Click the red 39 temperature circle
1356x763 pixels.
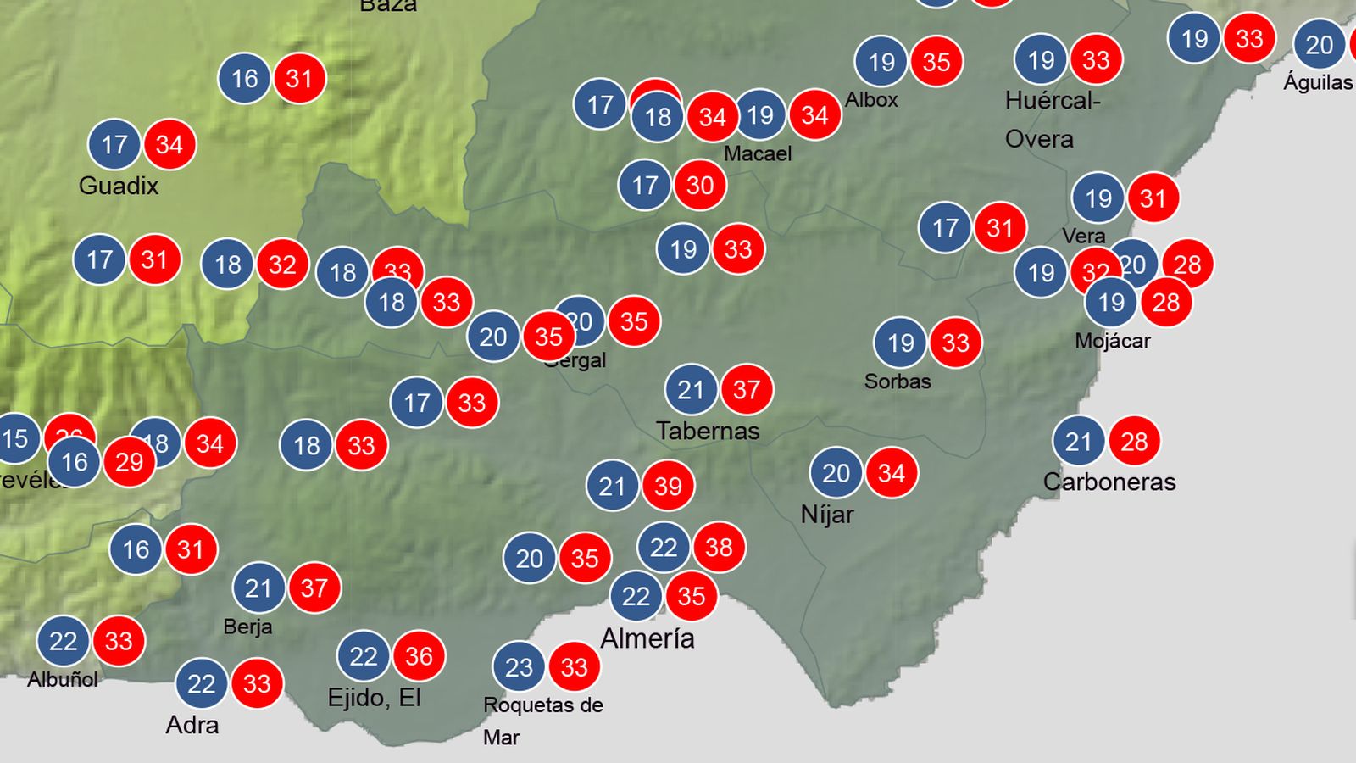(668, 486)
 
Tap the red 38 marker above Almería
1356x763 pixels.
(719, 547)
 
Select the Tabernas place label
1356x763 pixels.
(708, 431)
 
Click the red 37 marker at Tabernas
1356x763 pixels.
(746, 389)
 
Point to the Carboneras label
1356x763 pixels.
(1109, 482)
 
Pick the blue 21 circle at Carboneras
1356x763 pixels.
(1078, 441)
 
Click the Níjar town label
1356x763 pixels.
(827, 515)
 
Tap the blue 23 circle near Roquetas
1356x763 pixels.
(519, 667)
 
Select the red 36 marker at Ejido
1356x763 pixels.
(419, 655)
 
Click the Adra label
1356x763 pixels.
(192, 725)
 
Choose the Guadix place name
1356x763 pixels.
(119, 186)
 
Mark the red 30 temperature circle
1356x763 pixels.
(699, 185)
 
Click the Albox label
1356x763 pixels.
(871, 99)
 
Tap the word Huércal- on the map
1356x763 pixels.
(1053, 101)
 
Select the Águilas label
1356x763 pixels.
(1317, 82)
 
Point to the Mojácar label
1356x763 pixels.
(1112, 341)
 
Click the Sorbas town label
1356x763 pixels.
(898, 381)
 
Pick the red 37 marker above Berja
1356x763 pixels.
(314, 588)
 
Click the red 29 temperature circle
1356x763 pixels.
(129, 462)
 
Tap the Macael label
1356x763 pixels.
(758, 153)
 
